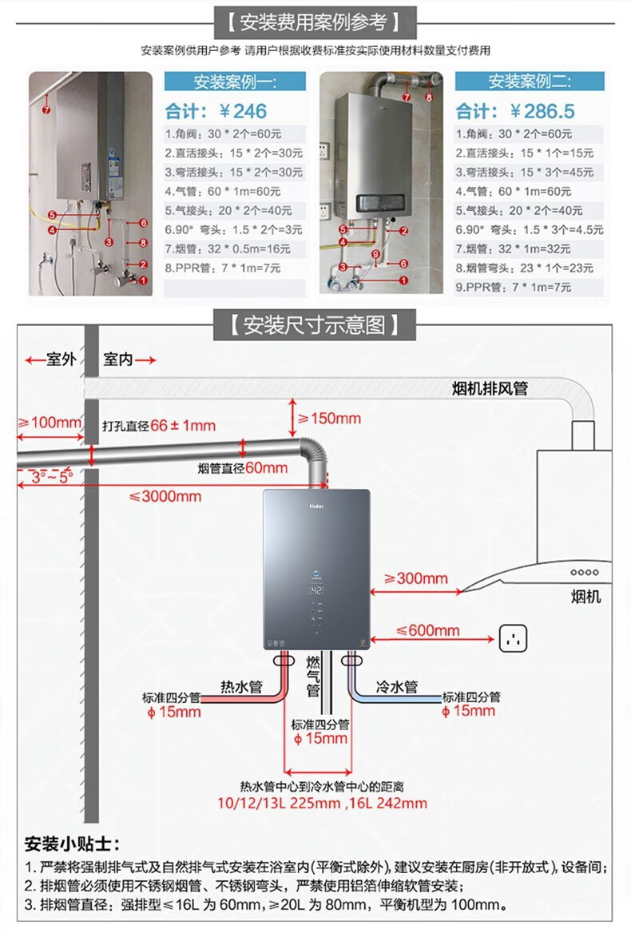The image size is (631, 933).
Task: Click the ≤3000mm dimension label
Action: tap(165, 496)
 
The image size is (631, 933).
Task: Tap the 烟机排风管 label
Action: tap(490, 389)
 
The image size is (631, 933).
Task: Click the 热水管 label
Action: tap(241, 686)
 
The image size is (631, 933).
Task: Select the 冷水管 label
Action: tap(396, 686)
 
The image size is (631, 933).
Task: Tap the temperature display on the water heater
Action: tap(317, 594)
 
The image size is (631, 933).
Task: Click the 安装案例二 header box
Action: tap(529, 81)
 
